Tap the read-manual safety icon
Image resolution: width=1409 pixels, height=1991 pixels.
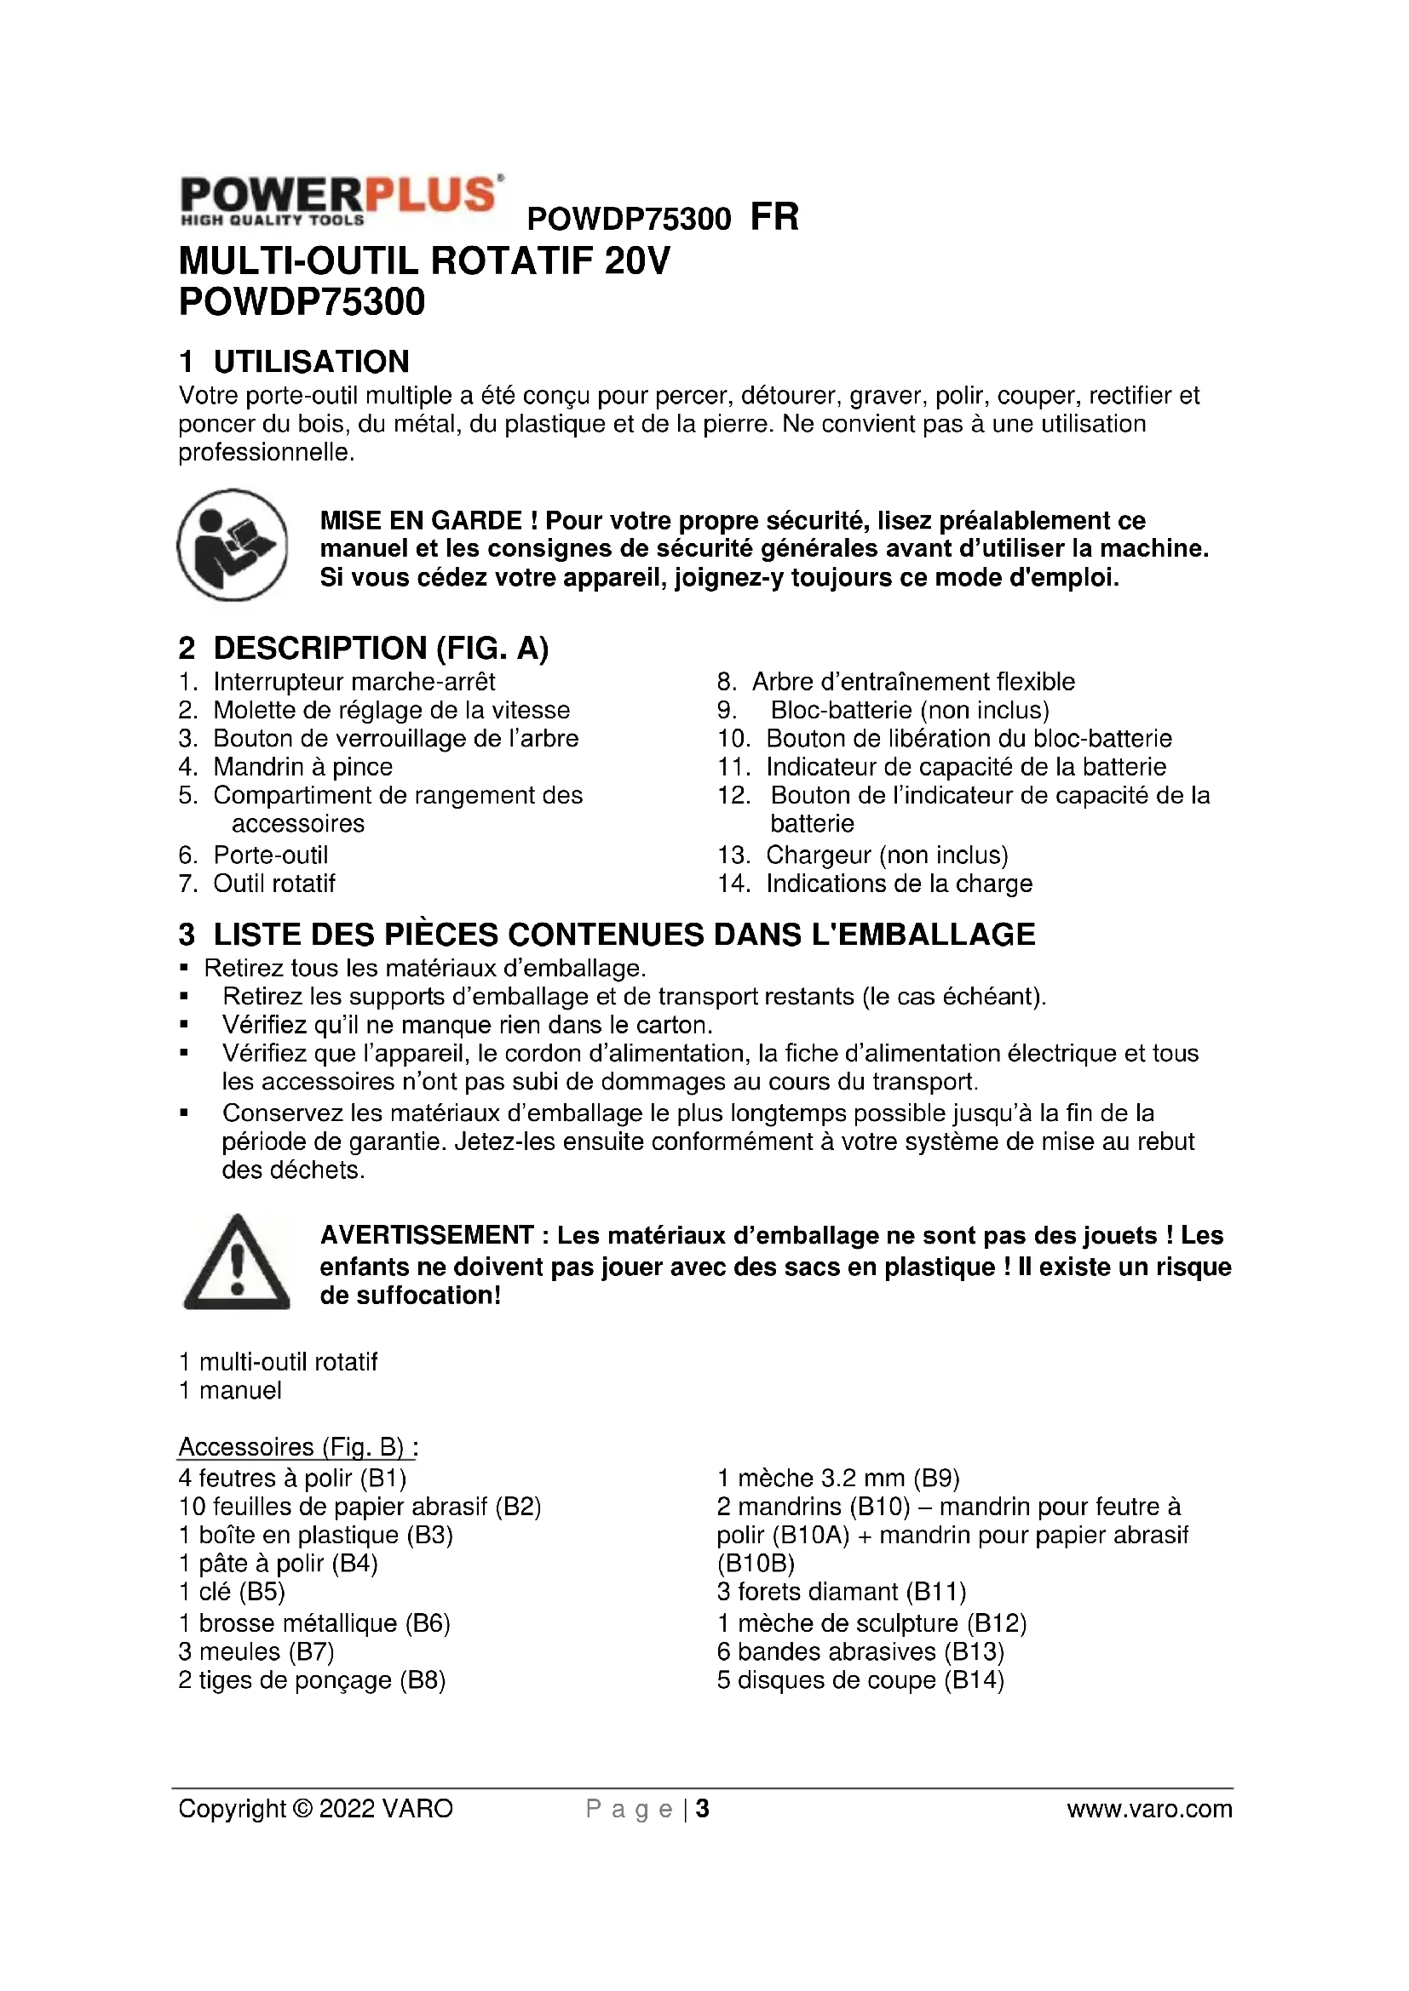[x=233, y=546]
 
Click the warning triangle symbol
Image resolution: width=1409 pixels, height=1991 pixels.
[x=236, y=1263]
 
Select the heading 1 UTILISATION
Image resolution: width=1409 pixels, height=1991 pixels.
[x=294, y=362]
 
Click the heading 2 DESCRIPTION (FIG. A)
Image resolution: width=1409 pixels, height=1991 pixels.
[x=364, y=648]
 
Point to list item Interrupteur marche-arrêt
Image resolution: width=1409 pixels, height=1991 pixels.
[x=354, y=682]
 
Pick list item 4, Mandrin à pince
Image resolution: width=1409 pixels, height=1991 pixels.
[x=302, y=767]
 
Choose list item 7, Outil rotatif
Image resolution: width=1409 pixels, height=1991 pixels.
[x=273, y=884]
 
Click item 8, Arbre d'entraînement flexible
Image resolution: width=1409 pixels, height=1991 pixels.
[x=912, y=682]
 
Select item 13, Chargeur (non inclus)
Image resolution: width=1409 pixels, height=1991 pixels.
[x=887, y=855]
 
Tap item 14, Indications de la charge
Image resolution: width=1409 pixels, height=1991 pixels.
[x=899, y=884]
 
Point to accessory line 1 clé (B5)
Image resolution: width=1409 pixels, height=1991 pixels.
[x=232, y=1591]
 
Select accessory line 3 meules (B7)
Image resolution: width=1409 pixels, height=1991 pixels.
[x=256, y=1651]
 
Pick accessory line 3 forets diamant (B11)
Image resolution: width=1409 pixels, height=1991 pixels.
[x=842, y=1591]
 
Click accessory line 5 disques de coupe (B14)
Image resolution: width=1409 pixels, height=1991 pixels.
[x=860, y=1679]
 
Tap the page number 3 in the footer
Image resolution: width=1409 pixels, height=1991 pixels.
[x=703, y=1809]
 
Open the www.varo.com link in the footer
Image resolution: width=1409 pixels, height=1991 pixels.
[x=1149, y=1809]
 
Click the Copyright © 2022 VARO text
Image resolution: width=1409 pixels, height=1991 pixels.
[x=316, y=1809]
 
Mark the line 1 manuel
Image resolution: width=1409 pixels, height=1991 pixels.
[x=230, y=1390]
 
